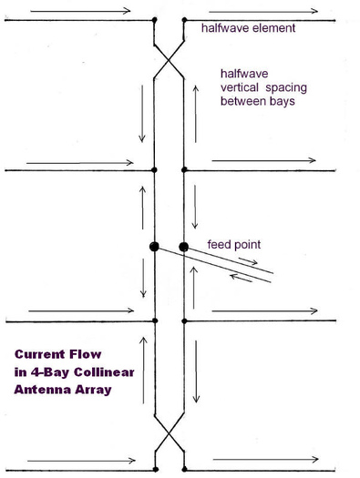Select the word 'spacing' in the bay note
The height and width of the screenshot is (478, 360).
click(286, 88)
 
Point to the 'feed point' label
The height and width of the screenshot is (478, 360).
click(234, 245)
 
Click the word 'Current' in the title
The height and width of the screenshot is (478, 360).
click(39, 354)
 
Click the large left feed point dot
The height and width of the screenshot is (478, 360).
click(154, 247)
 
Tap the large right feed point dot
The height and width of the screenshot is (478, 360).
click(183, 247)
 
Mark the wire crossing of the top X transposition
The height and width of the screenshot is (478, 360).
click(169, 61)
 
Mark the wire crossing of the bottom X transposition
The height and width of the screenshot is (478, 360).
click(169, 432)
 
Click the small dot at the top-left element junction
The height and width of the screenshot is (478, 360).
click(154, 20)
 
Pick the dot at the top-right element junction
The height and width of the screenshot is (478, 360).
click(184, 20)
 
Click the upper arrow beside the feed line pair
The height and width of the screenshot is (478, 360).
click(248, 261)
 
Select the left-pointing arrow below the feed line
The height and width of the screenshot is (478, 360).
click(241, 278)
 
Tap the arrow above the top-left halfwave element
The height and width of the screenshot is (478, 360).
click(80, 11)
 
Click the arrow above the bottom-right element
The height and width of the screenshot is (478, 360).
click(266, 459)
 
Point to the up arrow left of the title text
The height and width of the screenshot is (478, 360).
click(143, 370)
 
